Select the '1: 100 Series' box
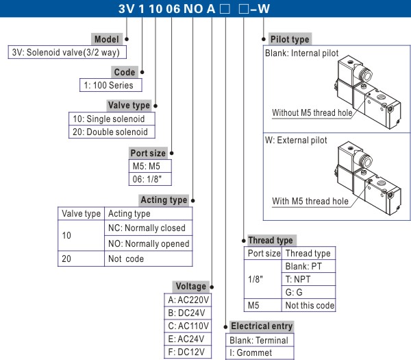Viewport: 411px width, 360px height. pos(110,86)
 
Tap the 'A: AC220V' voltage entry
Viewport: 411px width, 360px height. pos(189,300)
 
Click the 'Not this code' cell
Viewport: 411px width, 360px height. pos(310,305)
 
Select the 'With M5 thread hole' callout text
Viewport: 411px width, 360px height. pos(310,201)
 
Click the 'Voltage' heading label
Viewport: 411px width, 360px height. pos(190,286)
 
